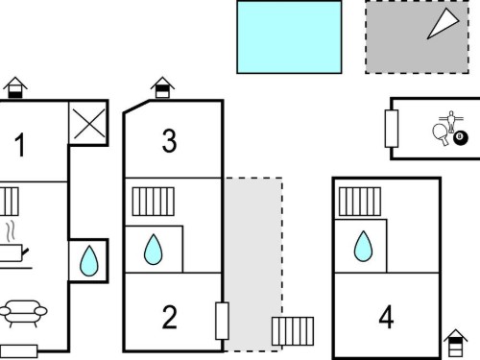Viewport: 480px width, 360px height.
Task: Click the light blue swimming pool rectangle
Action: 289,37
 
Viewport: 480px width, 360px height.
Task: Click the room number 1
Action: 20,145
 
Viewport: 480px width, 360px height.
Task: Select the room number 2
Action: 169,317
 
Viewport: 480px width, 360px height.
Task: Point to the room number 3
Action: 169,140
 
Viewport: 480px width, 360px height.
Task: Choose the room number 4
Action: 386,317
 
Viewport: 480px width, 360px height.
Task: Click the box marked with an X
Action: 89,124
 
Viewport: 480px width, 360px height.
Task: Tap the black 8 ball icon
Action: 461,137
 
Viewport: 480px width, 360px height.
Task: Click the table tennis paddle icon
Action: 441,134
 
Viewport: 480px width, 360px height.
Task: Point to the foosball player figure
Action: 451,121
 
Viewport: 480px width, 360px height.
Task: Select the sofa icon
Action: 23,314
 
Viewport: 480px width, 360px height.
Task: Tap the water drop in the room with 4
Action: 363,246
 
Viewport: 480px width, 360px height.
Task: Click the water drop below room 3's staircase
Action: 154,250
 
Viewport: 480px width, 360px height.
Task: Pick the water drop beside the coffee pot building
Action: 89,261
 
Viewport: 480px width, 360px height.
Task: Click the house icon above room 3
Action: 162,87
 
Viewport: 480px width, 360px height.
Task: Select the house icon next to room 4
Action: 456,343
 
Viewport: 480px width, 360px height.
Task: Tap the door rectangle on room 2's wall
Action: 222,321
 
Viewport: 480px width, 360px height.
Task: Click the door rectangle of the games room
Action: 392,129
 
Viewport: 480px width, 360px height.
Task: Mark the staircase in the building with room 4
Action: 360,202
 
